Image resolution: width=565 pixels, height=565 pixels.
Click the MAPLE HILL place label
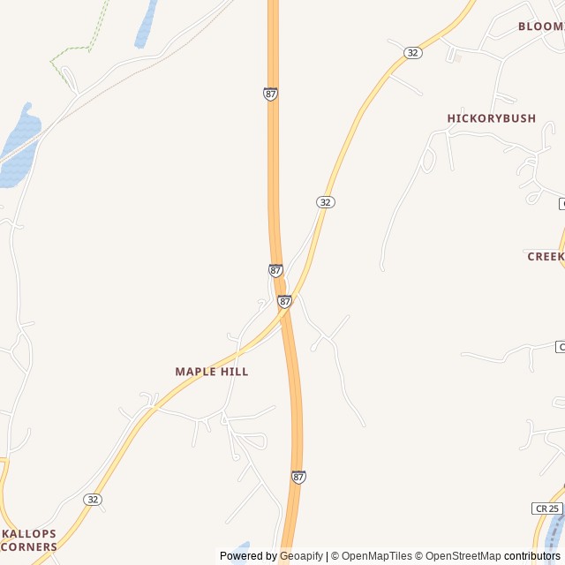pos(212,372)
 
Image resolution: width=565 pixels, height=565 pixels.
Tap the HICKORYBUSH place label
pos(491,118)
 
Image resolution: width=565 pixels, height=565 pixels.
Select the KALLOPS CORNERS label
pos(29,540)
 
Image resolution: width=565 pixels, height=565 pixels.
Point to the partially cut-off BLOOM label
pos(540,26)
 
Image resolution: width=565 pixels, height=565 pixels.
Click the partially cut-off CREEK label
pos(546,256)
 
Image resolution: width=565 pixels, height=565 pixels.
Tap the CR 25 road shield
pos(547,508)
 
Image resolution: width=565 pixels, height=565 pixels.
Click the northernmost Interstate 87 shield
pos(270,94)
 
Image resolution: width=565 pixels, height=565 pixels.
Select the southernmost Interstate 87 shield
pos(298,477)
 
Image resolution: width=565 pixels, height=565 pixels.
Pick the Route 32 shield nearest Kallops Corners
pos(93,500)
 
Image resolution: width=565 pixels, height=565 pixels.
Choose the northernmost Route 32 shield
pos(413,53)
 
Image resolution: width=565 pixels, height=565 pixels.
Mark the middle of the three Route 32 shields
pos(326,202)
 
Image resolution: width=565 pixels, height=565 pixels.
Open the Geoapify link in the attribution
pos(301,556)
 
